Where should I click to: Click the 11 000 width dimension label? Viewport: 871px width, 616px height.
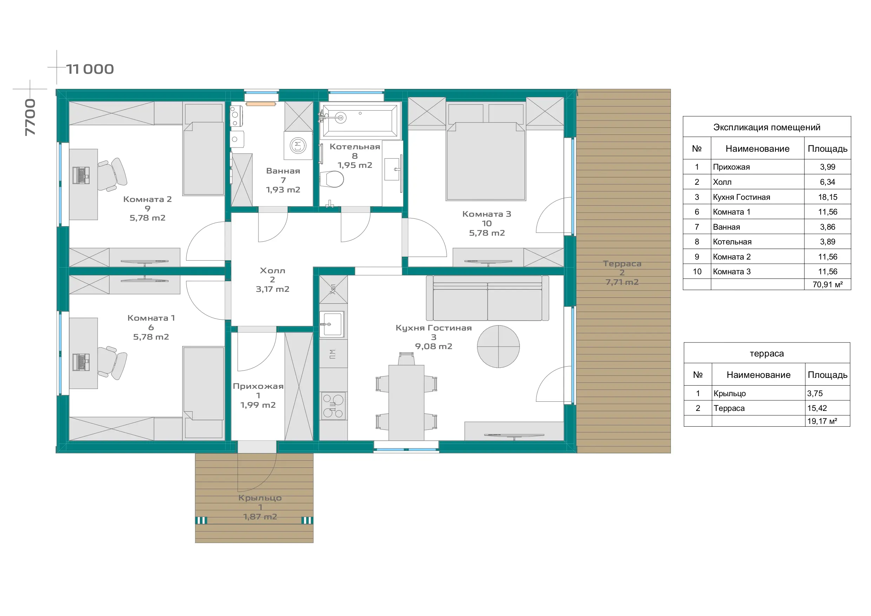(90, 69)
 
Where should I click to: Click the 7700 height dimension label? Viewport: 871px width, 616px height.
(30, 117)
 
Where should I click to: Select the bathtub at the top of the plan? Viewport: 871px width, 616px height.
(359, 120)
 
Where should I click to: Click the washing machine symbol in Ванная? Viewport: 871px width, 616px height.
(298, 145)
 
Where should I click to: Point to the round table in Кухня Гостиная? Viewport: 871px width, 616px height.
(498, 346)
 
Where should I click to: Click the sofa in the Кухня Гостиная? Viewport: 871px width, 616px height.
(488, 298)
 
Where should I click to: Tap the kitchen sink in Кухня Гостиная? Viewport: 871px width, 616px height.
(332, 324)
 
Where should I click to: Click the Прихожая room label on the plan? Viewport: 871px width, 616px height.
(258, 386)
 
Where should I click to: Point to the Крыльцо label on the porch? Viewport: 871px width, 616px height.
(260, 498)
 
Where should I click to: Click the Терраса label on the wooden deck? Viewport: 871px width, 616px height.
(622, 263)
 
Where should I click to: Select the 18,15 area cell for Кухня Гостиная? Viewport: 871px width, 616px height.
(827, 197)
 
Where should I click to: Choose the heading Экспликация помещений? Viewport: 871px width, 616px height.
(767, 127)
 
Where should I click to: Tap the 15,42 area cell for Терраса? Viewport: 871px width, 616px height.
(817, 408)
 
